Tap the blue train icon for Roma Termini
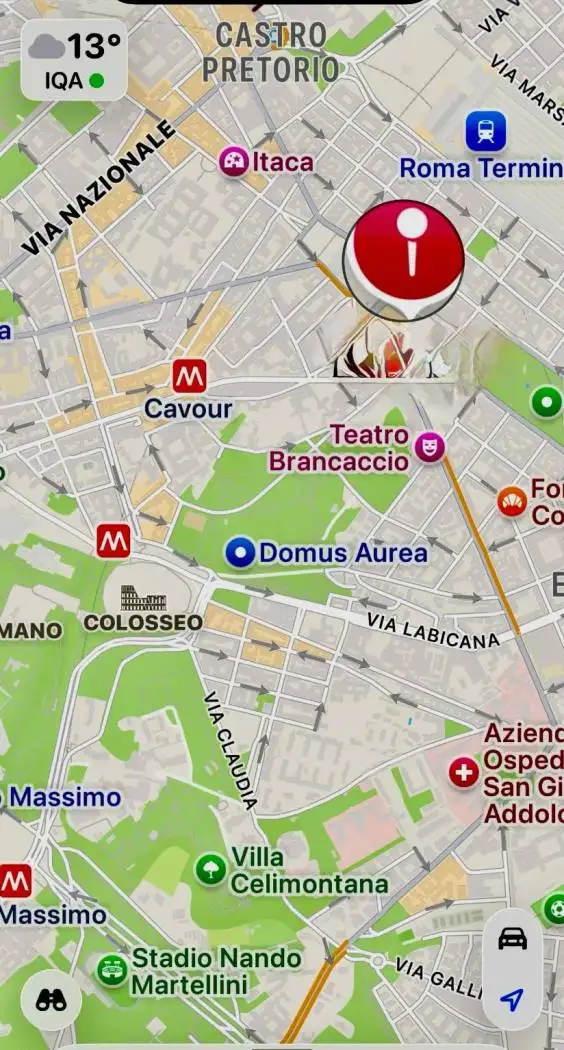click(486, 131)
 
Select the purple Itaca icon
click(234, 161)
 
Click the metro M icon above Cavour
click(189, 376)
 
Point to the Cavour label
click(188, 409)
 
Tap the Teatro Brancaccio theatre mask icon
click(430, 446)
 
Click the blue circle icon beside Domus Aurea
click(239, 552)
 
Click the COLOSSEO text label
click(143, 623)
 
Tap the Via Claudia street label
click(231, 750)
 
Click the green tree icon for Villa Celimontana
click(210, 869)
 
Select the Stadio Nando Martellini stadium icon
click(111, 969)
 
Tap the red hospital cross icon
click(463, 772)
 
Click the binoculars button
click(51, 999)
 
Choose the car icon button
click(512, 938)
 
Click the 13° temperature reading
click(94, 46)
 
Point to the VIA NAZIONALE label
click(100, 188)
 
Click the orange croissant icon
click(512, 501)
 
